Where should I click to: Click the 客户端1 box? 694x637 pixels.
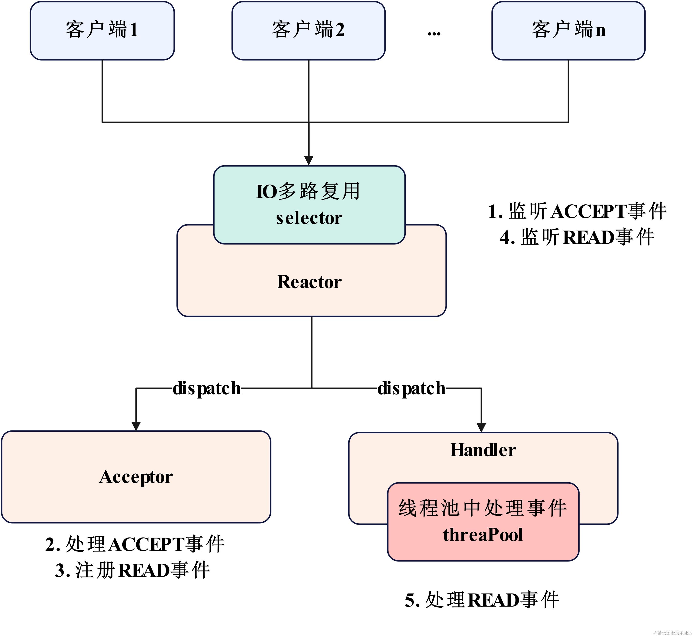[102, 30]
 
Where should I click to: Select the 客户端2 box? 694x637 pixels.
[308, 30]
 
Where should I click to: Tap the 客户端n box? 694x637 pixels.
[568, 30]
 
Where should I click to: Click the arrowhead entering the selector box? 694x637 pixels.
[309, 160]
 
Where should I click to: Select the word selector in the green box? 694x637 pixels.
[309, 218]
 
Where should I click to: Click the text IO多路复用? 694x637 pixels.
[308, 191]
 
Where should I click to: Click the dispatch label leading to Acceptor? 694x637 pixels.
[206, 388]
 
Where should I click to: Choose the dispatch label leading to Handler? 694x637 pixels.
[411, 388]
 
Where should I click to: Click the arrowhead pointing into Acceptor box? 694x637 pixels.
[136, 426]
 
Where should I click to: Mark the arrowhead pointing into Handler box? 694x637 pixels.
[481, 428]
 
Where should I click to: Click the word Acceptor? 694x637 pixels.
[136, 477]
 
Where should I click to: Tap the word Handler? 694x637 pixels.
[483, 450]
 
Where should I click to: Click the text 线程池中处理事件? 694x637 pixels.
[483, 508]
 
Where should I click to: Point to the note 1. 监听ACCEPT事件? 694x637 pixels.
[577, 211]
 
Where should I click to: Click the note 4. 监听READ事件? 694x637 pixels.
[577, 237]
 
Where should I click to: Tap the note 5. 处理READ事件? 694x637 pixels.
[482, 600]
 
